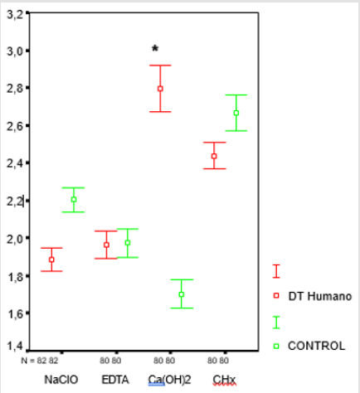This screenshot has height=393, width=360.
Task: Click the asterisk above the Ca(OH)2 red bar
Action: pyautogui.click(x=154, y=49)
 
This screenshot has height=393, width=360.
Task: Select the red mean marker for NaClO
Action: pyautogui.click(x=51, y=260)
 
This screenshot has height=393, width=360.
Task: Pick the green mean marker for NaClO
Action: pyautogui.click(x=73, y=199)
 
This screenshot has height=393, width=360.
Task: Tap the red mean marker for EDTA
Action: pyautogui.click(x=105, y=245)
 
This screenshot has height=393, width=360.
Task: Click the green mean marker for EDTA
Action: pyautogui.click(x=128, y=243)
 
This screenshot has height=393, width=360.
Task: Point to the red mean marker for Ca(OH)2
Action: pyautogui.click(x=160, y=89)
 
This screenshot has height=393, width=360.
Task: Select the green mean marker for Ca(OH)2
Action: pyautogui.click(x=181, y=294)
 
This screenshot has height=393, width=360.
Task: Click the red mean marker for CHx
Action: pyautogui.click(x=214, y=156)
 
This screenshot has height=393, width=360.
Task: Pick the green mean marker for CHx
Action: pyautogui.click(x=236, y=113)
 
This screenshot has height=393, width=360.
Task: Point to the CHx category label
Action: pyautogui.click(x=223, y=380)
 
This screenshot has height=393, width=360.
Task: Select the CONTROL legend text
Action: pyautogui.click(x=315, y=345)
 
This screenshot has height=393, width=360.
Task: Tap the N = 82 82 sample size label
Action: pyautogui.click(x=41, y=361)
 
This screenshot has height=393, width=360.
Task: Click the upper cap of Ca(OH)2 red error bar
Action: pyautogui.click(x=160, y=65)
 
